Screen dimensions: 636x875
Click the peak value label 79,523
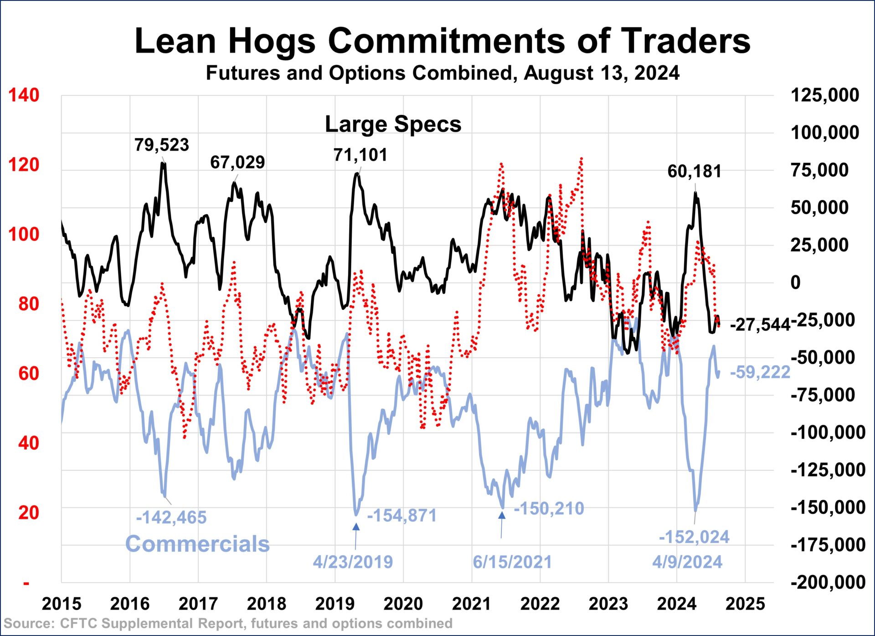tap(161, 145)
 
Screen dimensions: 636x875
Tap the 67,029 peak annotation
tap(237, 162)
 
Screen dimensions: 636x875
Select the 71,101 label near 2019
tap(360, 155)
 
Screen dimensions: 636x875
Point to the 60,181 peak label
tap(694, 172)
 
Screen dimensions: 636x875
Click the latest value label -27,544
tap(760, 325)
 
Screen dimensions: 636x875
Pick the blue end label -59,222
tap(760, 372)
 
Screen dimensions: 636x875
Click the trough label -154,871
tap(401, 516)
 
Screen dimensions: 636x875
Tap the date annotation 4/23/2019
tap(353, 562)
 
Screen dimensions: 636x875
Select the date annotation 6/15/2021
tap(512, 562)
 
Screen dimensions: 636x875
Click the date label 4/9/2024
tap(687, 562)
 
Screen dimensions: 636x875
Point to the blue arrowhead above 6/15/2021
tap(502, 516)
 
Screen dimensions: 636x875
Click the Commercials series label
tap(197, 544)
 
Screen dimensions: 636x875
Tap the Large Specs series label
tap(393, 124)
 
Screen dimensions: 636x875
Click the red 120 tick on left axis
tap(24, 165)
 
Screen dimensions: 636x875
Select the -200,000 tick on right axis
tap(828, 582)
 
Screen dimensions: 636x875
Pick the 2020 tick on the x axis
tap(403, 604)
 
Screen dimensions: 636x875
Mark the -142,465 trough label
tap(171, 517)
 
